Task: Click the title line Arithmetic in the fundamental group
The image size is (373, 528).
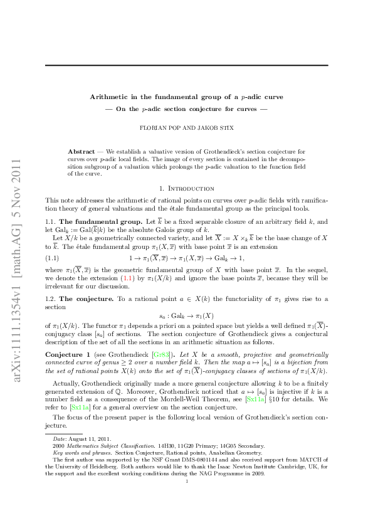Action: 187,97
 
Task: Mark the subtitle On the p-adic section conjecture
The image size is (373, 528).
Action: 187,112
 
